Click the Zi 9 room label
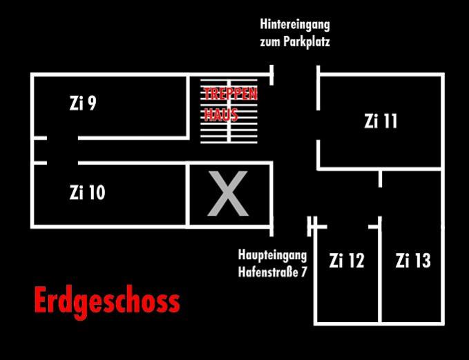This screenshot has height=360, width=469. coord(83,103)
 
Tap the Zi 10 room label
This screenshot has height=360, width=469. coord(87,192)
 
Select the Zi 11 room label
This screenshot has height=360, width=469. coord(381,121)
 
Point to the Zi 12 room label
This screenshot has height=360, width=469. coord(347,260)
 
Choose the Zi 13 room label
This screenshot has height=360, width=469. coord(413,260)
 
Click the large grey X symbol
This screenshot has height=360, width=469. coord(228,193)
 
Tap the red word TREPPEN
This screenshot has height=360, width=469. coord(231,94)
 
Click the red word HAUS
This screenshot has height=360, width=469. coord(221,115)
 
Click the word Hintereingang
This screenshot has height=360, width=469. coord(295,25)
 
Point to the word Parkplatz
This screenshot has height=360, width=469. coord(307,42)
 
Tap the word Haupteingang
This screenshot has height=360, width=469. coord(272,255)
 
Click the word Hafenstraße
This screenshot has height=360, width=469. coord(269,272)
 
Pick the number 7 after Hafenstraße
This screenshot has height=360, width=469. coord(304,272)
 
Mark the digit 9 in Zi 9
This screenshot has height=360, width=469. coord(92,104)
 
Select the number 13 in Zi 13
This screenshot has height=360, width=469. coord(422,260)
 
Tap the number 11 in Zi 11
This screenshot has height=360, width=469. coord(390,121)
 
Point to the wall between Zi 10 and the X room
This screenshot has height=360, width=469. coord(188,194)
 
